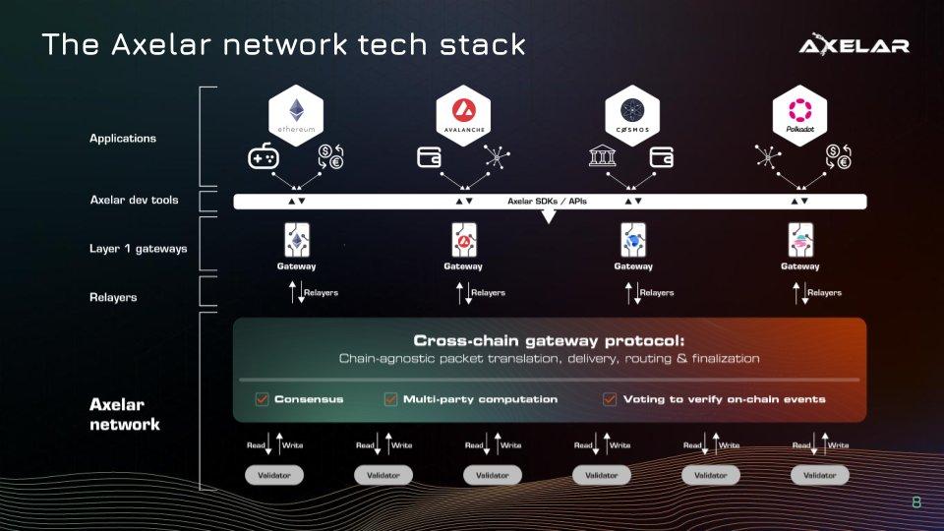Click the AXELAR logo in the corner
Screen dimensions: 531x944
pyautogui.click(x=854, y=45)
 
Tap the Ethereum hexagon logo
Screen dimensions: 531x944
pyautogui.click(x=296, y=116)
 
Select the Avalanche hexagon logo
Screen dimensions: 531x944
pyautogui.click(x=463, y=116)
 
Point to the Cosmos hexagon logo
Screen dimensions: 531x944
pyautogui.click(x=632, y=116)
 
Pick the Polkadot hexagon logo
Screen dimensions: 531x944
pyautogui.click(x=799, y=116)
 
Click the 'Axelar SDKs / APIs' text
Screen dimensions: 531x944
pyautogui.click(x=539, y=201)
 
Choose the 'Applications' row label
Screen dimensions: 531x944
pyautogui.click(x=123, y=139)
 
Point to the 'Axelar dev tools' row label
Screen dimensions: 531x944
pyautogui.click(x=134, y=200)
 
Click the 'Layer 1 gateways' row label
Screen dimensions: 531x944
pyautogui.click(x=138, y=248)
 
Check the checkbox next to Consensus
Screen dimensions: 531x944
pyautogui.click(x=262, y=399)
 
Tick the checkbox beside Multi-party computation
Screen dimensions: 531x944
pyautogui.click(x=390, y=399)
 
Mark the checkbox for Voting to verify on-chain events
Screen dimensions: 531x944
pyautogui.click(x=610, y=399)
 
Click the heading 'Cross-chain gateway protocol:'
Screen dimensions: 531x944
pyautogui.click(x=549, y=338)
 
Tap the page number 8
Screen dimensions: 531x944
pyautogui.click(x=916, y=502)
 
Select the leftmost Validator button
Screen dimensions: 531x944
pyautogui.click(x=274, y=475)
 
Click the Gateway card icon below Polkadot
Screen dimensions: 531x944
pyautogui.click(x=799, y=240)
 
